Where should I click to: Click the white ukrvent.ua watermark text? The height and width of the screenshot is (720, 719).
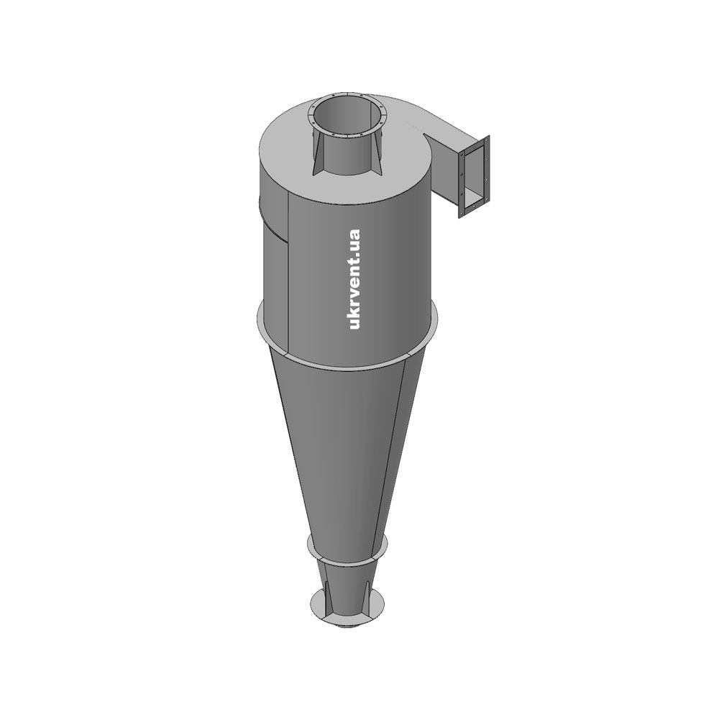[354, 279]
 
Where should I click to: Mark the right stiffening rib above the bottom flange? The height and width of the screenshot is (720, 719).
[368, 598]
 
